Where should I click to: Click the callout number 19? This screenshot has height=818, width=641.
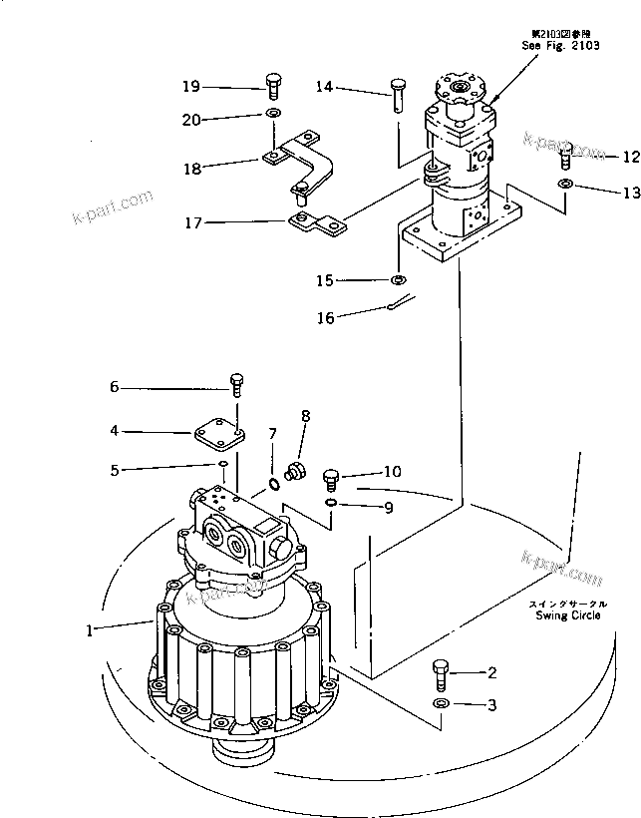[x=190, y=86]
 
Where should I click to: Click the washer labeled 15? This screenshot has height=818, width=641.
[x=399, y=280]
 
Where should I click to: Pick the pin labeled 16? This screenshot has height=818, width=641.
[x=398, y=303]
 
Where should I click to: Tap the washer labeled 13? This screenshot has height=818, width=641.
[x=565, y=186]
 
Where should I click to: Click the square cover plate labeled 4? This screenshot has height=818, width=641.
[x=217, y=434]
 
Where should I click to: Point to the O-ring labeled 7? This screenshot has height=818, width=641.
[x=273, y=485]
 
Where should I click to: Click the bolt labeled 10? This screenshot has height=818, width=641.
[x=332, y=481]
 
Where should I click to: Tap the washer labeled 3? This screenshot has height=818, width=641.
[x=440, y=706]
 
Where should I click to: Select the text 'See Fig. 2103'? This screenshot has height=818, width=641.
[x=561, y=46]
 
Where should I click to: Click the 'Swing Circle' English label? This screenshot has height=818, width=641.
[x=568, y=615]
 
